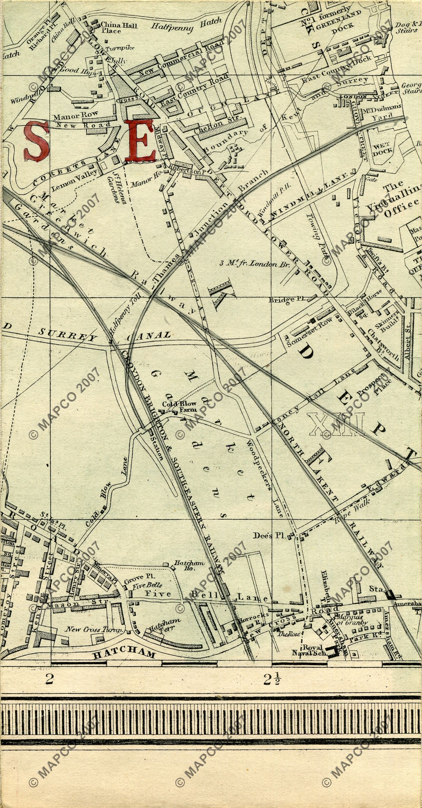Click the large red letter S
pos(37,140)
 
